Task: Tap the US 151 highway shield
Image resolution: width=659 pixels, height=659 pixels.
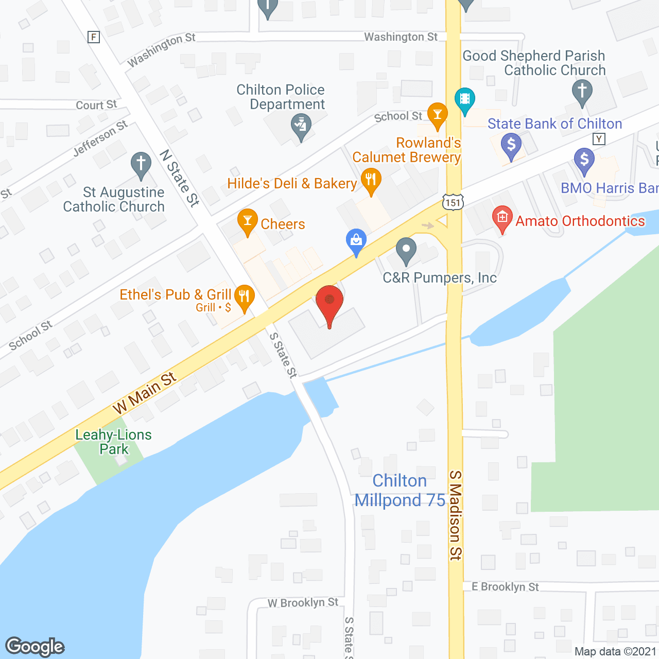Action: click(453, 202)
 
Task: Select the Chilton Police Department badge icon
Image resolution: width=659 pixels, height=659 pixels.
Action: click(301, 126)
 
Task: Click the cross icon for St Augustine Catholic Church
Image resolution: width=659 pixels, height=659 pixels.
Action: click(141, 164)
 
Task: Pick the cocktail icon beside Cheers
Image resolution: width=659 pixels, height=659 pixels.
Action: click(248, 221)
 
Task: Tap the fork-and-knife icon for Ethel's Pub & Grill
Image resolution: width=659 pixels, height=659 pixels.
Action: click(244, 297)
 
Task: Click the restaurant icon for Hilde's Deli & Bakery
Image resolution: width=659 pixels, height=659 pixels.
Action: click(371, 180)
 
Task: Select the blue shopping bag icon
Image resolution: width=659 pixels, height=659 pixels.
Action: click(356, 240)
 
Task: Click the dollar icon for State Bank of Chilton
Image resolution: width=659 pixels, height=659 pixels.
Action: click(511, 145)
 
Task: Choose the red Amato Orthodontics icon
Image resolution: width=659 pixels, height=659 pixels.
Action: click(502, 218)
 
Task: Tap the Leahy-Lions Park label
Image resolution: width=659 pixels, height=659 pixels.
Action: click(114, 442)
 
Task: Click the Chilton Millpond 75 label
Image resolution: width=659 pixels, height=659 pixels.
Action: click(400, 490)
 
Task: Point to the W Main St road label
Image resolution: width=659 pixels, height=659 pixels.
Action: click(145, 393)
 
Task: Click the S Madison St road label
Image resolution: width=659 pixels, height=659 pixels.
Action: click(456, 515)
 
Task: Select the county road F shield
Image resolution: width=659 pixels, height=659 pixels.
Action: click(94, 37)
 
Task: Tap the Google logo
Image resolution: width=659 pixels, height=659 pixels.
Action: click(35, 647)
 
